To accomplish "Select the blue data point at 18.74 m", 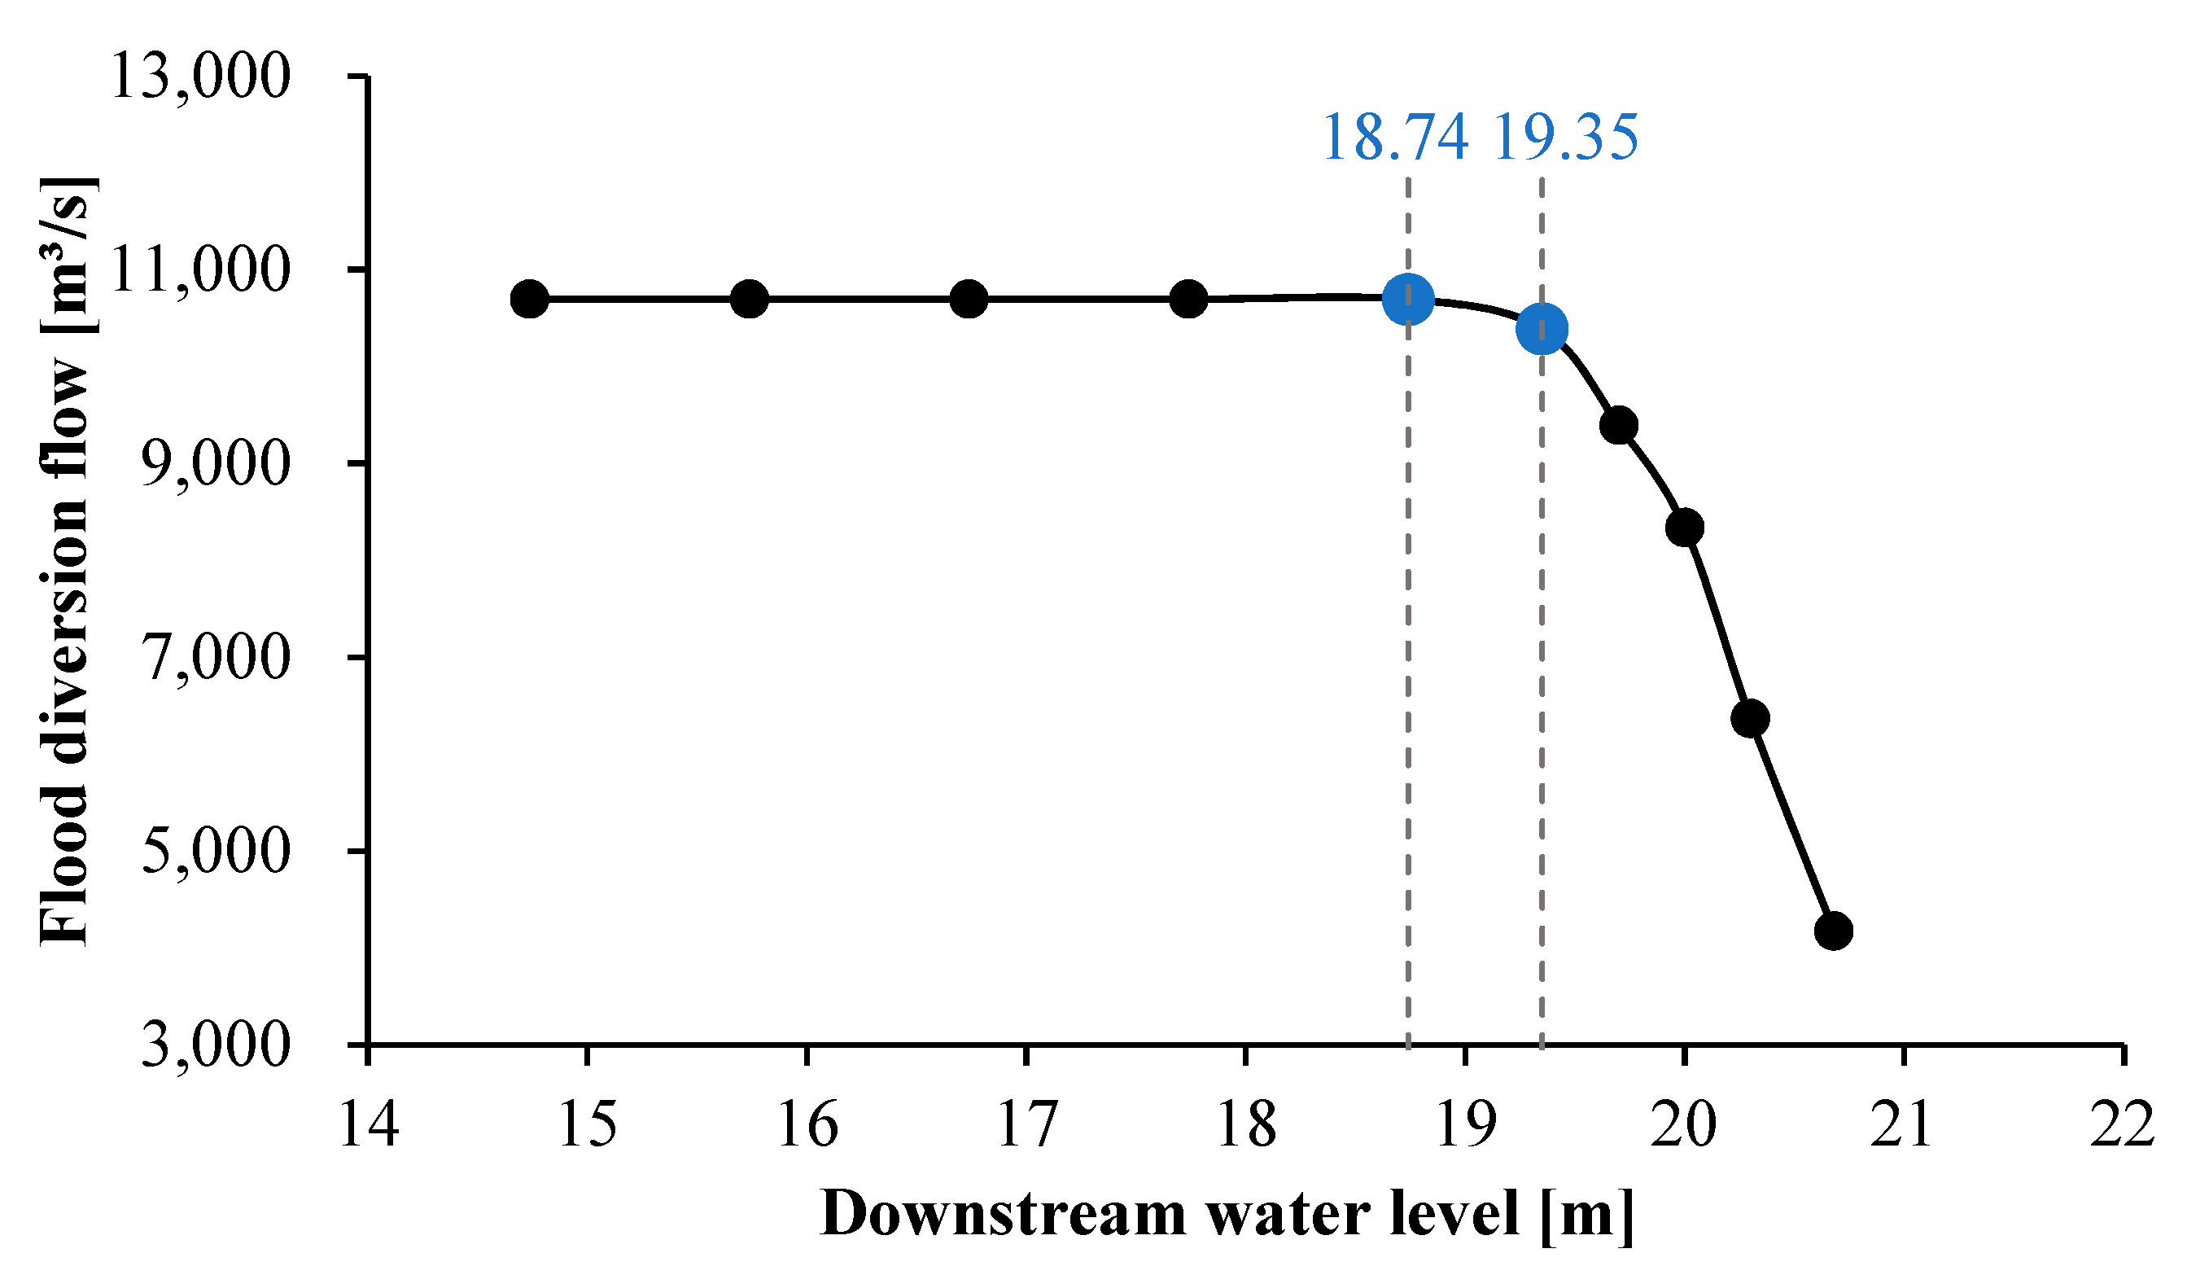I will tap(1407, 299).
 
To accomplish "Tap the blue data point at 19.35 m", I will tap(1542, 329).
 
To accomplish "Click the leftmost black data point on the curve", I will tap(529, 300).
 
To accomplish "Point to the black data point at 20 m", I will tap(1686, 527).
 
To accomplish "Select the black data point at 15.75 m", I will tap(749, 300).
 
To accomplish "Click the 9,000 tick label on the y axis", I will tap(213, 462).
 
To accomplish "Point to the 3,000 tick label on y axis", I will tap(213, 1044).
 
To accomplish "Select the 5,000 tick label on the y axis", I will tap(213, 850).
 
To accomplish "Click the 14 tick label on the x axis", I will tap(369, 1124).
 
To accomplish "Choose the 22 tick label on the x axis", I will tap(2122, 1124).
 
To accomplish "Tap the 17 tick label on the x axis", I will tap(1026, 1124).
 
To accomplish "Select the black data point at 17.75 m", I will tap(1188, 300).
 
